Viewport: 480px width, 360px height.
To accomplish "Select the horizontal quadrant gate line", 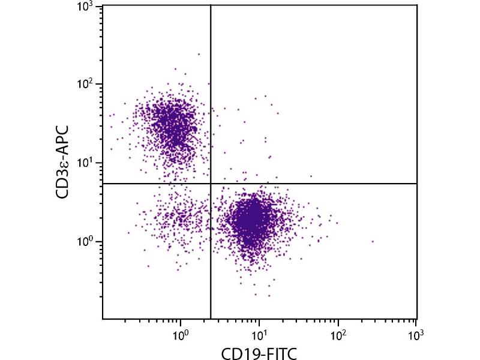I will tap(330, 184).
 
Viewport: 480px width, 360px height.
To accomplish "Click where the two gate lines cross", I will tap(211, 184).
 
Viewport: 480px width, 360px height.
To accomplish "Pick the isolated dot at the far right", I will tap(373, 241).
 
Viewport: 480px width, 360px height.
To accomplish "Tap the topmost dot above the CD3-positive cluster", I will tap(199, 54).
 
